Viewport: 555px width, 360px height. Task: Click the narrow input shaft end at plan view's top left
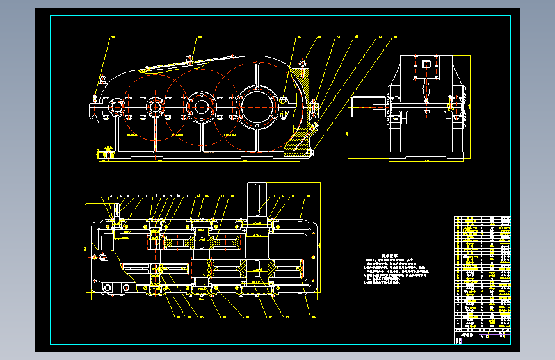116,209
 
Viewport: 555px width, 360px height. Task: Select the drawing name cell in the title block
468,334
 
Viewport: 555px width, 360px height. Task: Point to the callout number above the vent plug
199,38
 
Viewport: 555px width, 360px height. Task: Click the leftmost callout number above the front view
112,38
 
